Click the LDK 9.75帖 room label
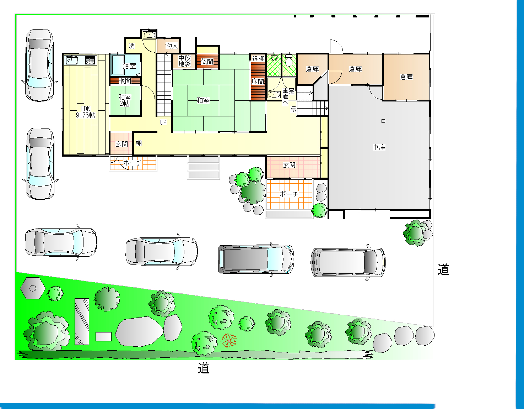[86, 112]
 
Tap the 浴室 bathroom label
[130, 66]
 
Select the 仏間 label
[207, 62]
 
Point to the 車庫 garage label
[379, 147]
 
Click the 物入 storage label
[172, 46]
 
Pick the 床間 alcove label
[258, 82]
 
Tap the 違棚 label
[259, 58]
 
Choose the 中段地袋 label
[185, 61]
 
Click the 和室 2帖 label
[125, 100]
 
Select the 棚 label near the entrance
[139, 143]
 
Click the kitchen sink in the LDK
[72, 60]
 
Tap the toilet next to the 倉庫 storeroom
[289, 61]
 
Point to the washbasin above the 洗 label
[150, 35]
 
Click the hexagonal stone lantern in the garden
[33, 288]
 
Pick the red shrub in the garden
[228, 340]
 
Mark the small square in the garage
[383, 121]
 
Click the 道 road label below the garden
[204, 368]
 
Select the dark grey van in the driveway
[256, 259]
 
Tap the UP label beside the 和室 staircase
[163, 122]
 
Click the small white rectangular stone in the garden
[103, 337]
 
